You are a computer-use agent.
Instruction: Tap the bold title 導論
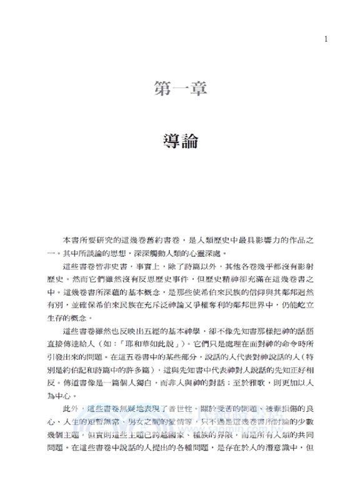(179, 140)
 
